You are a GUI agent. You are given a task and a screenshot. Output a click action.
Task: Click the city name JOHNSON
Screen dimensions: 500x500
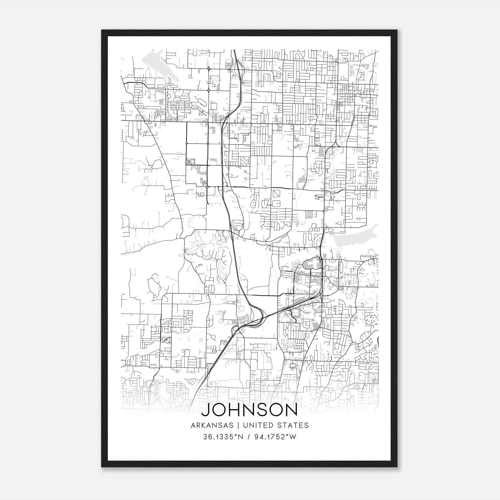(x=250, y=411)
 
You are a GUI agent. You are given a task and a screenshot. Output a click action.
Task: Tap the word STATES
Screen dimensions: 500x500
(x=293, y=425)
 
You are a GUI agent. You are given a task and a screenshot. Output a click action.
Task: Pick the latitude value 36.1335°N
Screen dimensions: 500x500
(x=223, y=437)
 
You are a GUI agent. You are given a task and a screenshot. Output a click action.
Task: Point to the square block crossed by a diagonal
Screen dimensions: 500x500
(x=276, y=194)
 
